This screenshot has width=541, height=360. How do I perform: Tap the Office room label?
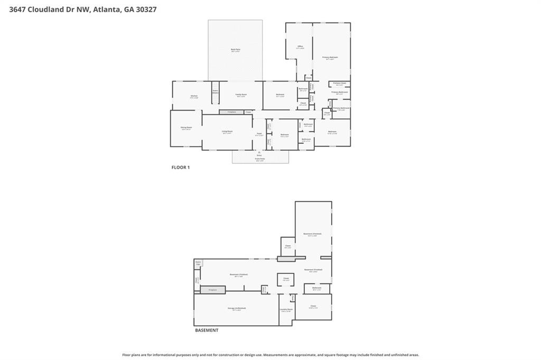pos(300,47)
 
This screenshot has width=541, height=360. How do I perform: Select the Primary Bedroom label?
pos(330,58)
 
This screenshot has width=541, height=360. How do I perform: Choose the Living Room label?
pos(228,132)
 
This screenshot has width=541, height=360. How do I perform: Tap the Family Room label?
pos(241,95)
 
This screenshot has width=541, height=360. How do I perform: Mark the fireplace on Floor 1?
pos(231,112)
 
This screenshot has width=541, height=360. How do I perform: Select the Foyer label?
pos(259,134)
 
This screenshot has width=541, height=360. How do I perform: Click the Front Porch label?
pos(260,159)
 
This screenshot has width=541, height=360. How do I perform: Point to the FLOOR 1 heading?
pos(180,168)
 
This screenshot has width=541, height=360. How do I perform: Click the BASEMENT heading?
pos(207,330)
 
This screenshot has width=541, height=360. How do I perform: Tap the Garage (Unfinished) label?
pos(237,309)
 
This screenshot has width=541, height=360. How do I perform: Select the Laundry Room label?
pos(287,310)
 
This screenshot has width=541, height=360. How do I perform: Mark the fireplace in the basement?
pos(212,290)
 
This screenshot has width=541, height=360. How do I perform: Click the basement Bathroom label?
pos(317,288)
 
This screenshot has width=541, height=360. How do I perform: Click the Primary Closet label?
pos(340,84)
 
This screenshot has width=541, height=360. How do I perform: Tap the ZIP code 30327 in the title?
pos(146,9)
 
